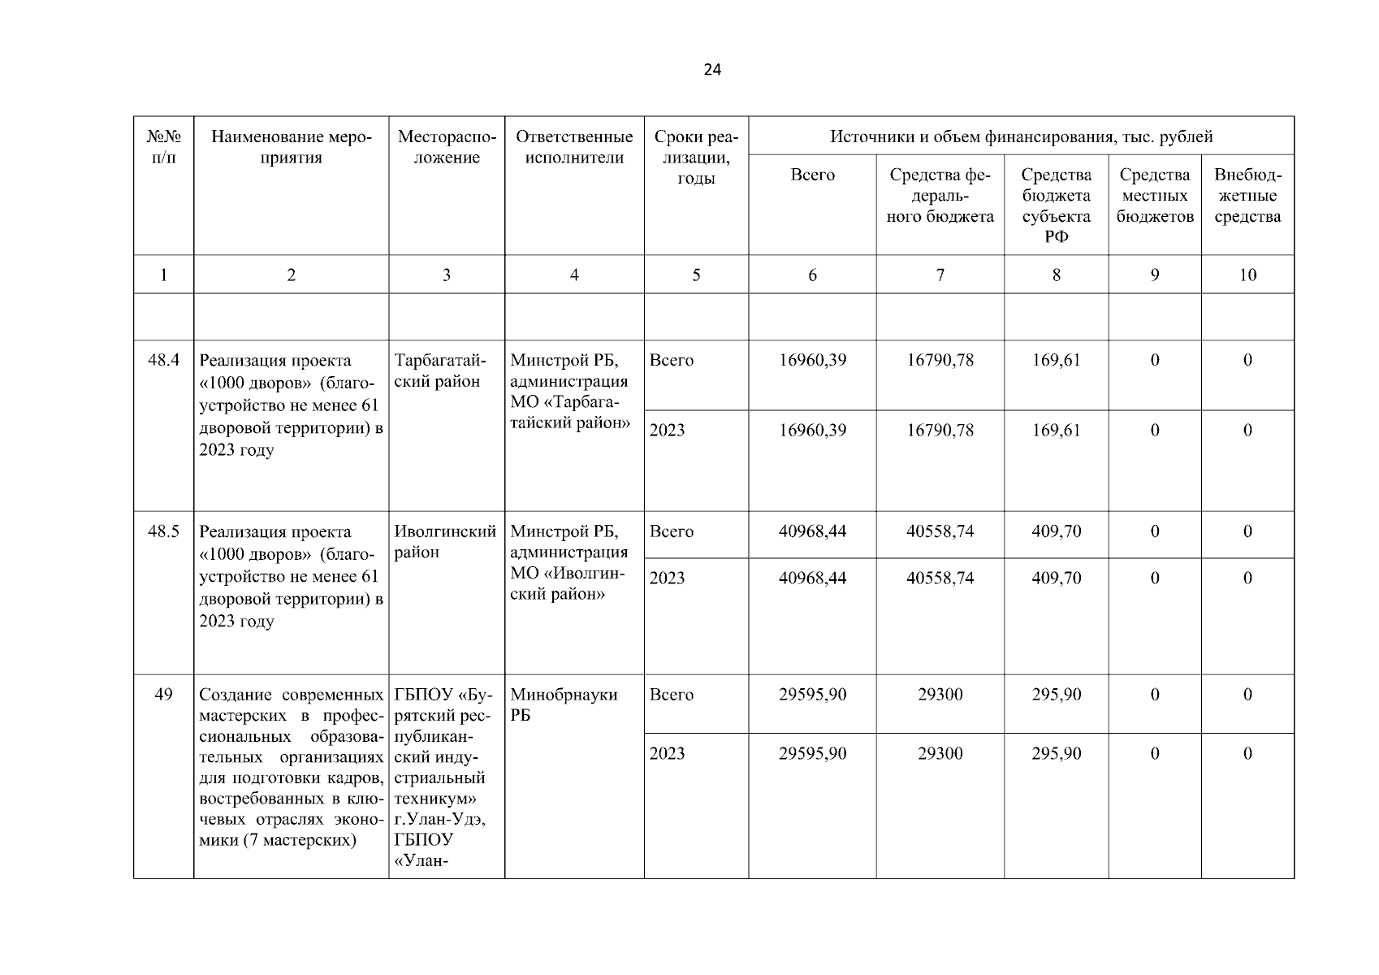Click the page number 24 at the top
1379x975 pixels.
(x=711, y=70)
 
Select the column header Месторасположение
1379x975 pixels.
(x=447, y=147)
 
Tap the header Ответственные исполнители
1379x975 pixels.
(x=574, y=147)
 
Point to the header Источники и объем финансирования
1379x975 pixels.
(x=1021, y=136)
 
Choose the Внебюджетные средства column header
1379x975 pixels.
(x=1247, y=195)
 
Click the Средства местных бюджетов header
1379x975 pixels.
(x=1154, y=195)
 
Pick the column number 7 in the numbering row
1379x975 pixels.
(x=940, y=275)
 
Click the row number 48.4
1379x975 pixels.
(x=163, y=360)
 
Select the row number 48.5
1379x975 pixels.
(x=163, y=531)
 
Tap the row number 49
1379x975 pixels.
(x=163, y=695)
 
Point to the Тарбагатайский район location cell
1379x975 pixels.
(x=439, y=370)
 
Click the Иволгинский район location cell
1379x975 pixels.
(x=445, y=542)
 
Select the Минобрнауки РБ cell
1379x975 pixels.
(x=564, y=704)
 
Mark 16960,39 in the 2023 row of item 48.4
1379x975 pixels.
(x=812, y=430)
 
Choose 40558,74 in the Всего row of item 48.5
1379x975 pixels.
(x=940, y=531)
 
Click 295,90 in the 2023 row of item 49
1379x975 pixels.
(x=1056, y=753)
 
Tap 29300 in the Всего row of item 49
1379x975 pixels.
(x=940, y=695)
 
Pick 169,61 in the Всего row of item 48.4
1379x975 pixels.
(x=1056, y=360)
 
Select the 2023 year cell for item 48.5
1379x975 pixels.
(x=668, y=578)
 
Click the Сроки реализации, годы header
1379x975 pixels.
(x=696, y=158)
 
